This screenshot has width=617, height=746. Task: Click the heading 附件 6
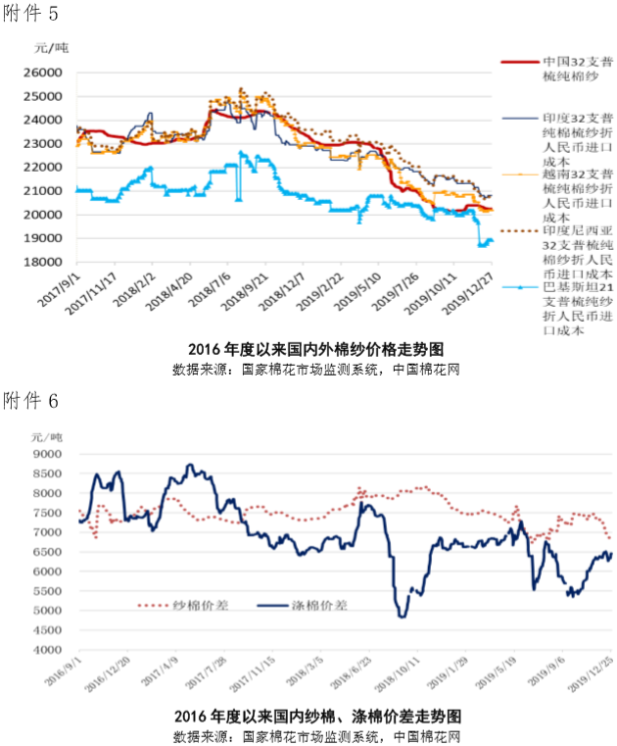pyautogui.click(x=30, y=398)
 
